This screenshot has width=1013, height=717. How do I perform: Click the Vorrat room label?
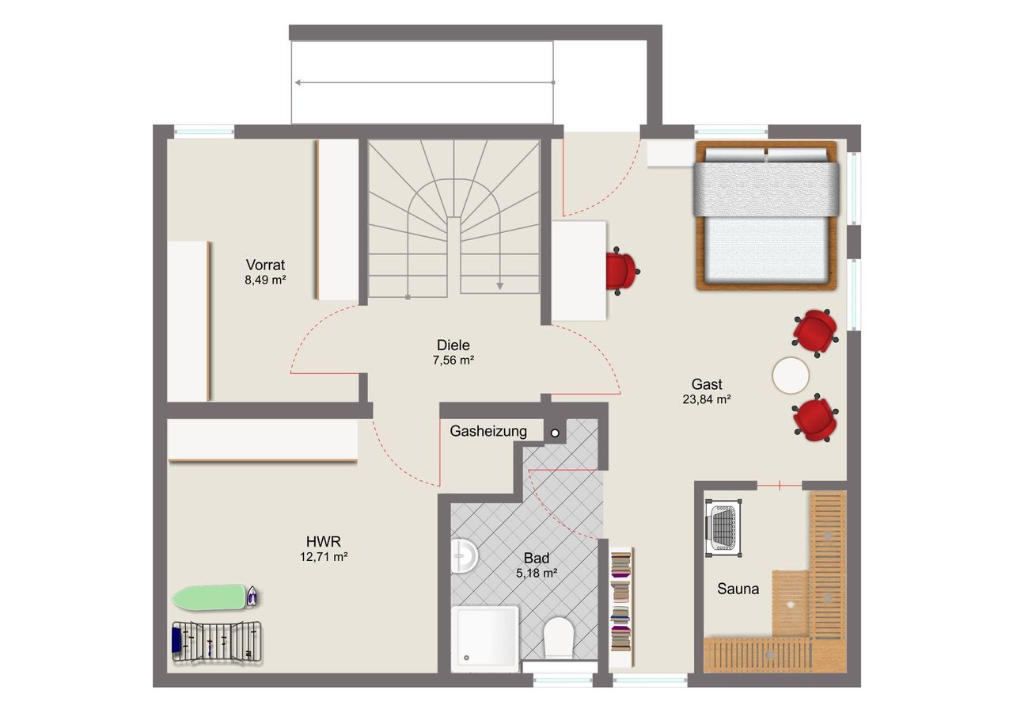pyautogui.click(x=265, y=265)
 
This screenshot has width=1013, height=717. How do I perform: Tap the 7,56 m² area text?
pyautogui.click(x=453, y=360)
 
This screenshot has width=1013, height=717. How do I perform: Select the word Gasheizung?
pyautogui.click(x=488, y=431)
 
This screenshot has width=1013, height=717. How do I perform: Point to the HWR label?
pyautogui.click(x=324, y=541)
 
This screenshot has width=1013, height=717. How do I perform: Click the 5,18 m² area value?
pyautogui.click(x=537, y=574)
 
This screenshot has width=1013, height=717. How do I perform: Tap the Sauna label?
pyautogui.click(x=738, y=589)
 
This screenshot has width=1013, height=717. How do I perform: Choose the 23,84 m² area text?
pyautogui.click(x=707, y=399)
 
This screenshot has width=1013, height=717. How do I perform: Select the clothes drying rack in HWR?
pyautogui.click(x=217, y=643)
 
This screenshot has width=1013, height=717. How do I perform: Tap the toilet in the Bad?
pyautogui.click(x=559, y=639)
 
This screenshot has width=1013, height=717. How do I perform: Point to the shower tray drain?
pyautogui.click(x=466, y=658)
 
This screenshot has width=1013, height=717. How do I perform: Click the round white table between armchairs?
pyautogui.click(x=791, y=376)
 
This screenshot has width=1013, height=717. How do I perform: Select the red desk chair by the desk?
pyautogui.click(x=622, y=271)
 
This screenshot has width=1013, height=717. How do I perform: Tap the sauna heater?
pyautogui.click(x=723, y=528)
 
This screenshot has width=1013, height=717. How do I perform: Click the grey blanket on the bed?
pyautogui.click(x=767, y=189)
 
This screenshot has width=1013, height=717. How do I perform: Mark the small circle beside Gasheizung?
pyautogui.click(x=555, y=433)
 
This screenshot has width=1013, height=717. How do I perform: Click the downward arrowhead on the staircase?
pyautogui.click(x=499, y=286)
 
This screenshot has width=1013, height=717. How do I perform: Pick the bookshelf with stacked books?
pyautogui.click(x=621, y=607)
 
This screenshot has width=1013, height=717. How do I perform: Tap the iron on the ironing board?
pyautogui.click(x=252, y=597)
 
